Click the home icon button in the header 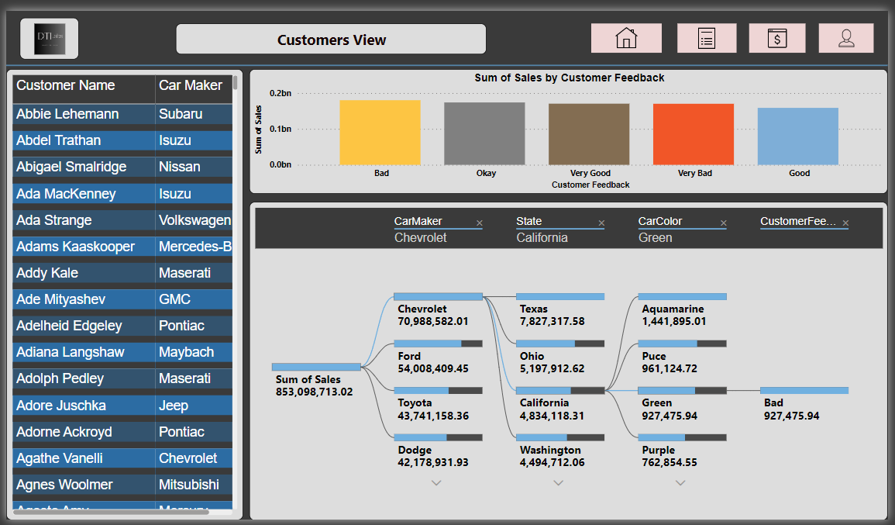tap(626, 38)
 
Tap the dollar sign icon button tap(776, 38)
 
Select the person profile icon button tap(846, 38)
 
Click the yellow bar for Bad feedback tap(380, 133)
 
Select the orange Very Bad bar tap(694, 134)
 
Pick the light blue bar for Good tap(798, 136)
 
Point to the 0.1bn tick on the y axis tap(280, 129)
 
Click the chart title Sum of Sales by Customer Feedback tap(569, 78)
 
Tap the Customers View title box tap(331, 40)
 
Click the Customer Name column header tap(66, 85)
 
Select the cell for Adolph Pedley tap(60, 378)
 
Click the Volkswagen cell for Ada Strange tap(194, 220)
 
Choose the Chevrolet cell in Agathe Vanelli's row tap(188, 458)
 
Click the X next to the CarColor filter tap(724, 223)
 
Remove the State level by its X tap(601, 223)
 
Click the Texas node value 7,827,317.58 tap(552, 321)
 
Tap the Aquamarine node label tap(673, 309)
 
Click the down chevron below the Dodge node tap(436, 482)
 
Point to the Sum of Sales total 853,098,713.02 tap(314, 392)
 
